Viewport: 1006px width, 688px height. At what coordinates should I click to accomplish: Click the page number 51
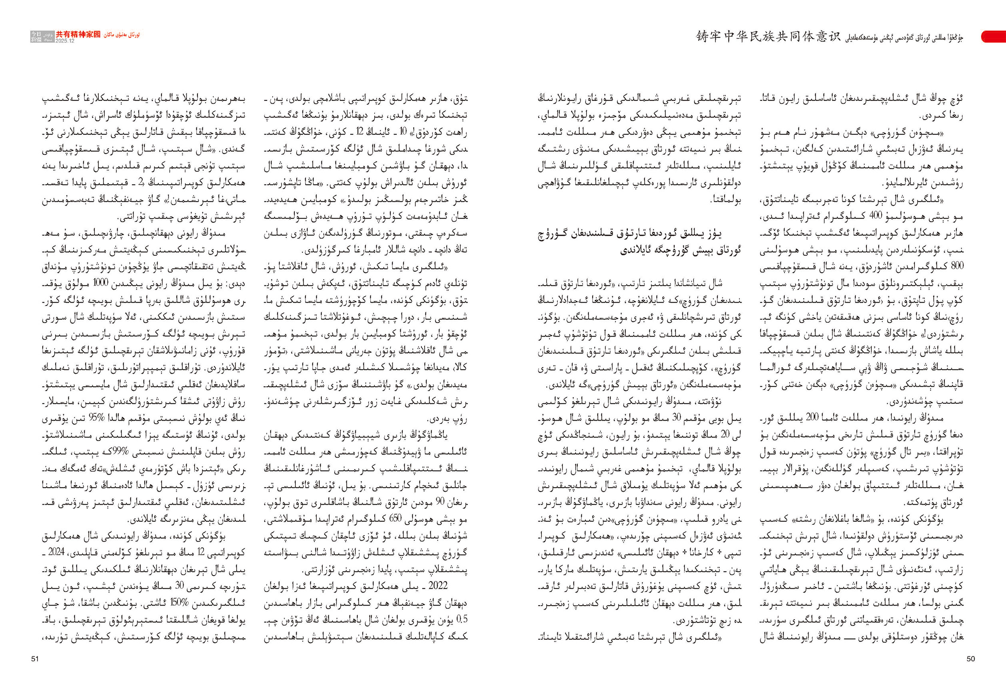35,659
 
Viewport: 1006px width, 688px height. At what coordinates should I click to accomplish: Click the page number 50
970,659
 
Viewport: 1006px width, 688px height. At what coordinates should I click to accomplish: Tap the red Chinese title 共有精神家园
78,35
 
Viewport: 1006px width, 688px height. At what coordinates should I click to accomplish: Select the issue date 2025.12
65,41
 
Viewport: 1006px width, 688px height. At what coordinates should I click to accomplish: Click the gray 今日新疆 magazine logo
36,37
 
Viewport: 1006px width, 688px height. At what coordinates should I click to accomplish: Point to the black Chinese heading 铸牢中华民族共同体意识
768,36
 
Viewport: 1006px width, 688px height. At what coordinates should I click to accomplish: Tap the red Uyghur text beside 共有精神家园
122,35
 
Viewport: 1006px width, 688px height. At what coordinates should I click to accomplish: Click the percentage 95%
94,419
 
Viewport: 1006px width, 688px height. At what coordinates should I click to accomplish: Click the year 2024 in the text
56,553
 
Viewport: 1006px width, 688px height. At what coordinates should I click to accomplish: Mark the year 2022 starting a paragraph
438,586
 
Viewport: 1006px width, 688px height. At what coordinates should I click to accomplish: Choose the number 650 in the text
395,519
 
